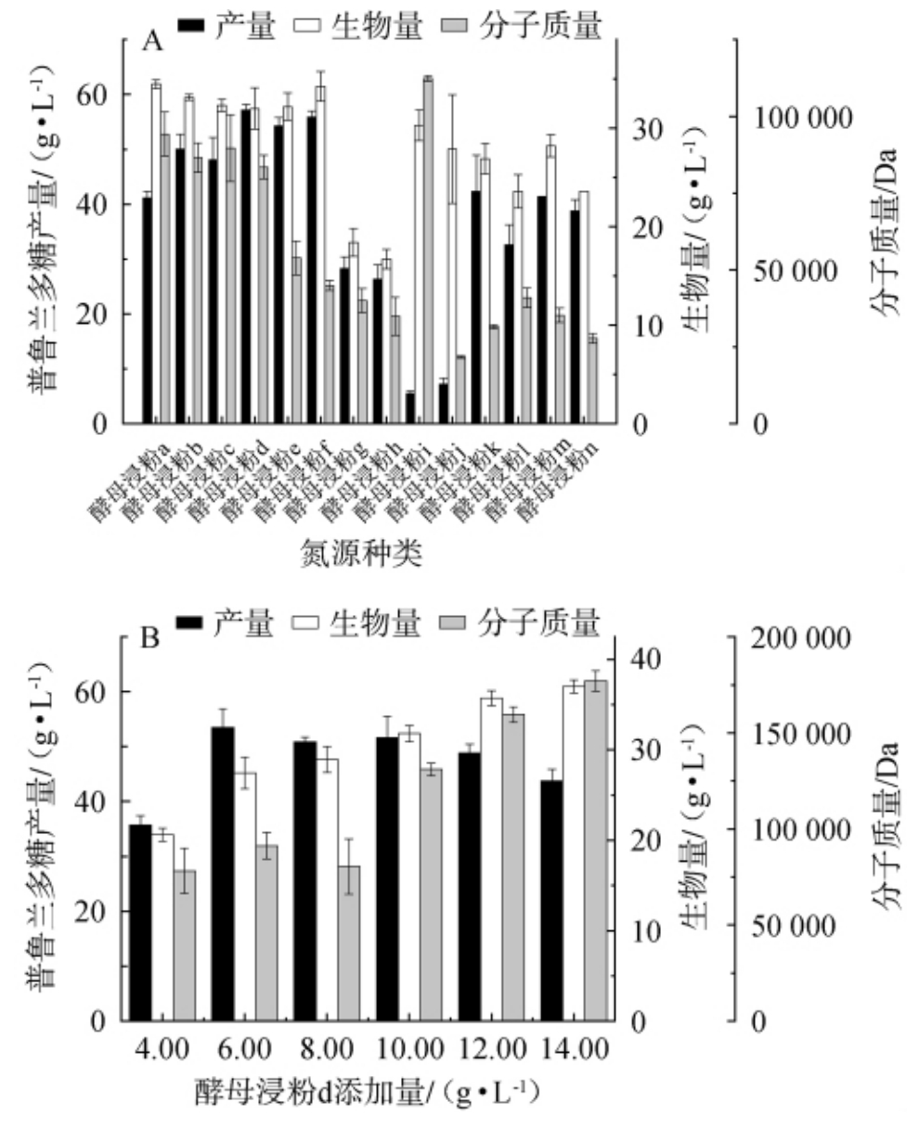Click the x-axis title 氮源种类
tap(361, 555)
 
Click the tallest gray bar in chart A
tap(428, 250)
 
